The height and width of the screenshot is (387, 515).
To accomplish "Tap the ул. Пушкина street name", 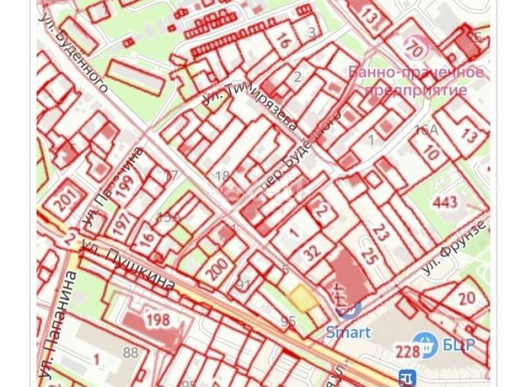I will tap(128, 265).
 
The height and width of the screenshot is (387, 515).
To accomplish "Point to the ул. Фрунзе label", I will tap(454, 249).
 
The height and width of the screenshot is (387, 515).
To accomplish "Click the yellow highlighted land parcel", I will tap(301, 298).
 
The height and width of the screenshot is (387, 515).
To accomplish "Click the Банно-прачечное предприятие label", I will tap(416, 81).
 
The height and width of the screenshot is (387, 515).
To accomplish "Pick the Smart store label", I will tap(348, 333).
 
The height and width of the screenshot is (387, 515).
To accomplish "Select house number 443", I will tap(444, 202).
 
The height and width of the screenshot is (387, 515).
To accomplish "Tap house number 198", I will tap(157, 319).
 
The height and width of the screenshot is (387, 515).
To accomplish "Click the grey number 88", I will tap(131, 352).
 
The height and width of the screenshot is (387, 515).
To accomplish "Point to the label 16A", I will tap(426, 130).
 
